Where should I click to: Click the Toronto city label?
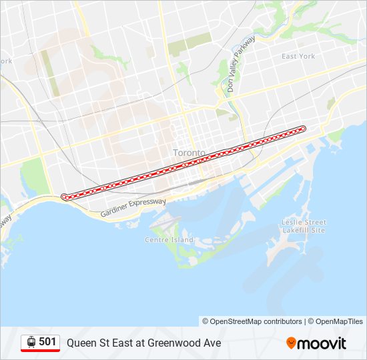190,153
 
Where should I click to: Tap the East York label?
298,57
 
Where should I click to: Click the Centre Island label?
169,240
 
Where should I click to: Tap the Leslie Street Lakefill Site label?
304,226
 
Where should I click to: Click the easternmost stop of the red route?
303,128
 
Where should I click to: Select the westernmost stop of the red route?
64,197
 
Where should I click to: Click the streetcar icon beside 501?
31,343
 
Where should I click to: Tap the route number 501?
47,342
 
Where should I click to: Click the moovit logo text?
322,343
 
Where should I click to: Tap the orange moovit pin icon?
291,343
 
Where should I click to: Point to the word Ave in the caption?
212,343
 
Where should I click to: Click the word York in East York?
307,57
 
